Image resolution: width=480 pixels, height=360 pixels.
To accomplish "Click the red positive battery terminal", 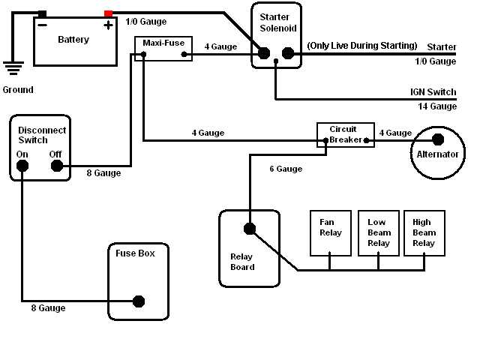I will click(109, 14).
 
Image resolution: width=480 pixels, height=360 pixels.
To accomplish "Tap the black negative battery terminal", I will click(43, 14).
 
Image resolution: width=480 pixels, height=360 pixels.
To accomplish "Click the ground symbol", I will click(12, 69).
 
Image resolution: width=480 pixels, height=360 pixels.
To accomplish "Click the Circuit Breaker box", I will click(344, 133).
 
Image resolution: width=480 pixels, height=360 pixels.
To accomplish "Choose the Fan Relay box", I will click(330, 232).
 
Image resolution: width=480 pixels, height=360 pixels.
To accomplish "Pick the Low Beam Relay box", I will click(378, 232).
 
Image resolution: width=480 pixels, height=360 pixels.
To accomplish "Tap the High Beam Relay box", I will click(424, 232).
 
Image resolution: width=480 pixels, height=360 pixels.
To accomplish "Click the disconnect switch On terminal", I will click(23, 166).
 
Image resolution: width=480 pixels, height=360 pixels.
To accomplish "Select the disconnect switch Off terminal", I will click(56, 166).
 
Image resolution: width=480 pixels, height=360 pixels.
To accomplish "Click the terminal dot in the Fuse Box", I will click(138, 301).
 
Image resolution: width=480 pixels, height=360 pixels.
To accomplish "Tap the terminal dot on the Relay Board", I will click(249, 229).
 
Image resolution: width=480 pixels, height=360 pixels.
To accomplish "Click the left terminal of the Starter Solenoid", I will click(264, 53).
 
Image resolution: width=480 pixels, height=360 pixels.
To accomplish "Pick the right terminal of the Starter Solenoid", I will click(287, 53).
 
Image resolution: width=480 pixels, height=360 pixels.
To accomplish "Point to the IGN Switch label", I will click(433, 92).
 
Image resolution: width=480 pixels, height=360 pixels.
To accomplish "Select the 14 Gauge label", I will click(437, 106).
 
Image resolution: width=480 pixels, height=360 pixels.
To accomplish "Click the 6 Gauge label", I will click(286, 169).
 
